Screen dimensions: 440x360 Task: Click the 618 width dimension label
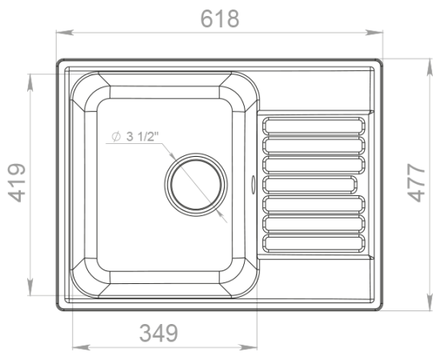(x=220, y=18)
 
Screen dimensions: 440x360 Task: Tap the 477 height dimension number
(x=417, y=182)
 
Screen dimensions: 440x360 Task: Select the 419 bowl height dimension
(x=17, y=182)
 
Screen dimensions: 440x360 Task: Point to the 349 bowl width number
(x=158, y=333)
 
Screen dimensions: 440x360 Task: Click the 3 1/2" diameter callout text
(x=142, y=137)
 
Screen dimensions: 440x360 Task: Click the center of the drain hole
(x=196, y=185)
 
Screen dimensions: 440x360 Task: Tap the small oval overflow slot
(x=254, y=185)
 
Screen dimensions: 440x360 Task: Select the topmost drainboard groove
(x=314, y=126)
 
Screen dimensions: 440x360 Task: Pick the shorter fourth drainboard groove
(x=310, y=185)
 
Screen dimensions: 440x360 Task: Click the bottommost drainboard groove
(x=314, y=243)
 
